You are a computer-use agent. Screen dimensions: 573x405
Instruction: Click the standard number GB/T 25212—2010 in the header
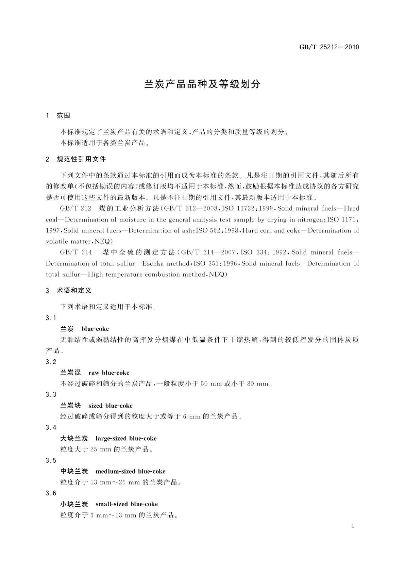click(329, 47)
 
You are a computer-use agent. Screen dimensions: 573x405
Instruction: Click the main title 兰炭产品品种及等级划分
click(202, 84)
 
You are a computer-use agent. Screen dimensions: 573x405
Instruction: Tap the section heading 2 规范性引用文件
click(76, 159)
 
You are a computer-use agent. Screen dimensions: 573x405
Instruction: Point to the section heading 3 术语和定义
click(69, 291)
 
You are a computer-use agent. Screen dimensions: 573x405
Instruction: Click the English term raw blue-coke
click(109, 373)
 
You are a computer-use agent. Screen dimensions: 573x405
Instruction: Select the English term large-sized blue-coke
click(126, 438)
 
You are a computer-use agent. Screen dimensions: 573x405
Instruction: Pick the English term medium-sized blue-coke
click(131, 471)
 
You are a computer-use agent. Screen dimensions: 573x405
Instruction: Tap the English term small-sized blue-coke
click(127, 504)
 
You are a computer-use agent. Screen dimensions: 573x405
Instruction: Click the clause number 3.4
click(51, 427)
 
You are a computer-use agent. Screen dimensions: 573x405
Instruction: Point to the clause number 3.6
click(51, 493)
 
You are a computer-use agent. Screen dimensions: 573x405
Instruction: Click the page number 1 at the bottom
click(353, 526)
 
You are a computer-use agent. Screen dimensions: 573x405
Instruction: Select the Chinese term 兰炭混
click(70, 373)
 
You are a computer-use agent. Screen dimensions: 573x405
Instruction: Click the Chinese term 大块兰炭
click(74, 438)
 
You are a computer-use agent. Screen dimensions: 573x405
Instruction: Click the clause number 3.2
click(51, 362)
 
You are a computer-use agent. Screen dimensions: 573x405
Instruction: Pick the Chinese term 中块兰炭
click(74, 471)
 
